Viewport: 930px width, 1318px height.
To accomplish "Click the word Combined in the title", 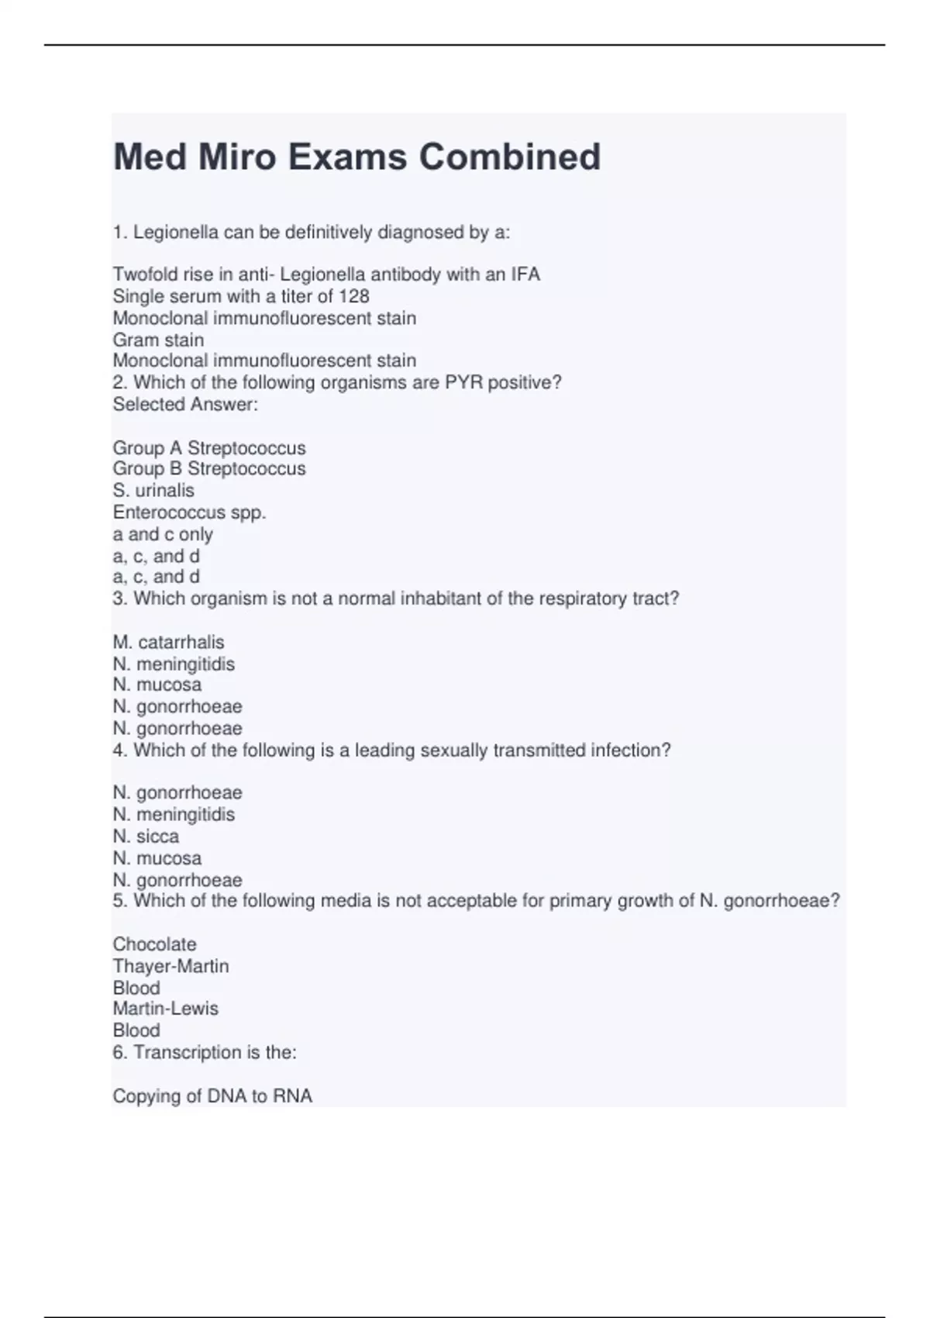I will [510, 157].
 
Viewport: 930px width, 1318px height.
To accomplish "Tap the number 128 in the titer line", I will [353, 296].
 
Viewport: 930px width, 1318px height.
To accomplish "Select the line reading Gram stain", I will [158, 340].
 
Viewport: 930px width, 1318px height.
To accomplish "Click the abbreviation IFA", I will [525, 274].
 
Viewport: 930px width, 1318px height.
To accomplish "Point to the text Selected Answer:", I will [185, 404].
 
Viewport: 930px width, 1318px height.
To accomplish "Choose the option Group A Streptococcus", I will [209, 448].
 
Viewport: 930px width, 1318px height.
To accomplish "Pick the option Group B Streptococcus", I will [209, 468].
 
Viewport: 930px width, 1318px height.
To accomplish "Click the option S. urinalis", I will [153, 490].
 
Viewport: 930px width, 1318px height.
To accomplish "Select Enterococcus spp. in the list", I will [189, 512].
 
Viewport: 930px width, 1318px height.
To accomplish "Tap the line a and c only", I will [163, 534].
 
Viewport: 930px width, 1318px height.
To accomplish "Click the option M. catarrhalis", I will [168, 642].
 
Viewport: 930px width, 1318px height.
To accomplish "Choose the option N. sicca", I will [146, 836].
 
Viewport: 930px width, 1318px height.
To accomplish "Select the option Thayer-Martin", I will [170, 966].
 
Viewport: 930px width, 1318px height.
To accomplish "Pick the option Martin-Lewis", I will [166, 1009].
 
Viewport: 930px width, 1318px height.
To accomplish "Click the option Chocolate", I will [154, 944].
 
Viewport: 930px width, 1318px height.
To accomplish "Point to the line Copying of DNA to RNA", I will [212, 1095].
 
